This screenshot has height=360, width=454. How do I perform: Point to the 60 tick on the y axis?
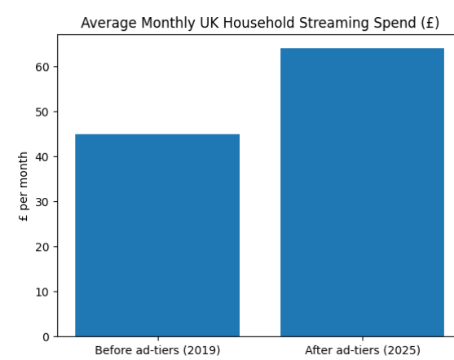click(45, 67)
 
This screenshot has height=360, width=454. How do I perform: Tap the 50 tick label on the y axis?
click(45, 112)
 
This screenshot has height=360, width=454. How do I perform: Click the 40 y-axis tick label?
click(45, 156)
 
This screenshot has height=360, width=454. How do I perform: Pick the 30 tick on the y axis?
click(45, 202)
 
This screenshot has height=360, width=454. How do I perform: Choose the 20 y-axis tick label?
click(45, 247)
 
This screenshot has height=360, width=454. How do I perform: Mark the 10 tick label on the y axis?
click(45, 292)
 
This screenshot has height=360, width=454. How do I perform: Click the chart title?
click(260, 23)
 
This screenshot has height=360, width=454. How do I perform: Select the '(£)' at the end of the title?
click(430, 23)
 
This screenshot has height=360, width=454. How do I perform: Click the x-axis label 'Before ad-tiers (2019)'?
click(157, 350)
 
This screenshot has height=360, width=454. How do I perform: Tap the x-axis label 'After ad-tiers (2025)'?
click(362, 350)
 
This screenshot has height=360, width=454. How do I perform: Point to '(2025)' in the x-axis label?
click(400, 350)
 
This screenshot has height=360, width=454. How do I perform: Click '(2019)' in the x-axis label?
click(199, 350)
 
